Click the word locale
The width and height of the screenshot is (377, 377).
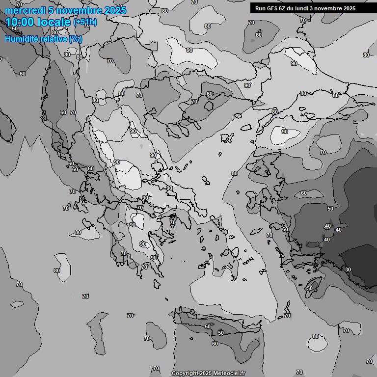(x=56, y=22)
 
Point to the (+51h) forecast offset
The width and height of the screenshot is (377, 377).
(x=85, y=22)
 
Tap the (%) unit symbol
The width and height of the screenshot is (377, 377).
(x=76, y=39)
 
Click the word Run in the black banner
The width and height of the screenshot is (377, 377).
(x=261, y=8)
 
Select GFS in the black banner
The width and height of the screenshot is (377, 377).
(x=273, y=8)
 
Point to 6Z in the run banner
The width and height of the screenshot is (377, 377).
(x=285, y=8)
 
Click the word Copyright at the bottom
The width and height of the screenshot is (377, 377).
(x=185, y=374)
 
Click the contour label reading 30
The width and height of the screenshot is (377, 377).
(x=348, y=269)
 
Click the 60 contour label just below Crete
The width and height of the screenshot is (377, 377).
(x=215, y=344)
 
